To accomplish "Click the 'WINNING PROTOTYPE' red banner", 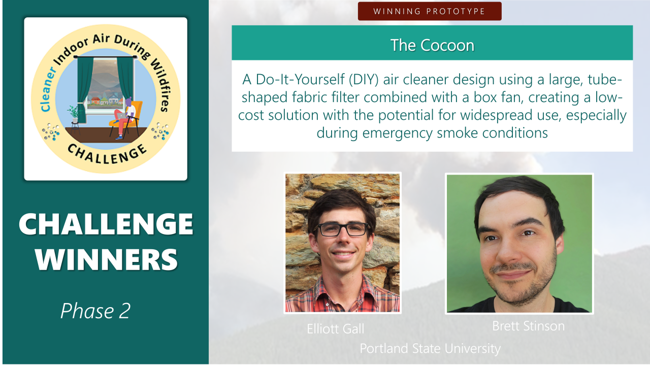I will pos(429,11).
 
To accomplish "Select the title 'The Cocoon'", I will pos(432,45).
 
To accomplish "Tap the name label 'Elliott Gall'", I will pos(335,329).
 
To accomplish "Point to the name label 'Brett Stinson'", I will pos(528,326).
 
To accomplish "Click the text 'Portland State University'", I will pos(430,349).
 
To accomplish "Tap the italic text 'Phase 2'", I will pos(95,311).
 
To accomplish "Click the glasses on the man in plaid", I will pos(342,229).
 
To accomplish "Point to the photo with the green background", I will pos(519,244).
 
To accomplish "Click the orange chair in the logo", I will pos(133,114).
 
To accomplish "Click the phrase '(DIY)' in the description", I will pos(368,80).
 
